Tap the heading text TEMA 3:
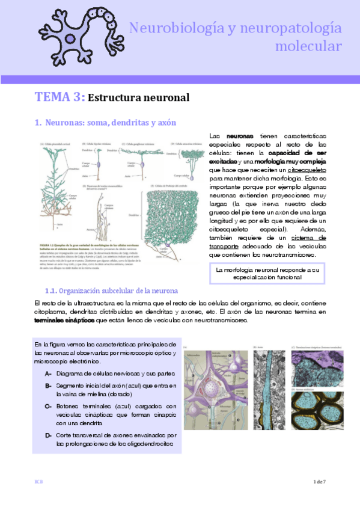tap(59, 97)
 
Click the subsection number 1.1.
tap(53, 292)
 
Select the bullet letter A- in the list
tap(47, 373)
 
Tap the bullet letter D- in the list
tap(47, 434)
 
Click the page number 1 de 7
tap(319, 482)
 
